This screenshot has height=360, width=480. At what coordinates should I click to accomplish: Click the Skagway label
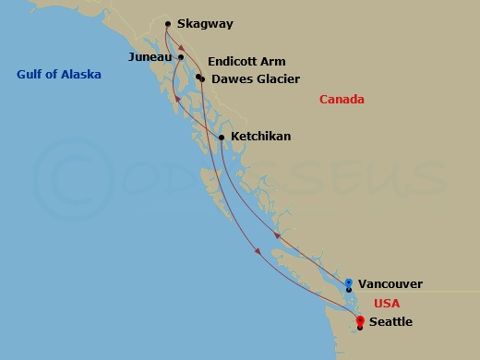pos(205,25)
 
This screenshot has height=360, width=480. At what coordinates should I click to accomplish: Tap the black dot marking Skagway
pos(167,24)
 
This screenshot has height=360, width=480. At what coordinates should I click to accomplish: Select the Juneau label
pos(150,57)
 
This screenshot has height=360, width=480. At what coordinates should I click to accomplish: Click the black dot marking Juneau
pos(181,57)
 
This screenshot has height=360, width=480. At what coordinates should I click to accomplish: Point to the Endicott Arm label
pos(246,62)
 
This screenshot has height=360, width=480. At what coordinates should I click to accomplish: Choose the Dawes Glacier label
pos(256,79)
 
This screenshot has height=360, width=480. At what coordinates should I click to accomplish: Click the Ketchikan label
pos(260,137)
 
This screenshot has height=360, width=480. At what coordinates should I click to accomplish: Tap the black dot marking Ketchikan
pos(222,138)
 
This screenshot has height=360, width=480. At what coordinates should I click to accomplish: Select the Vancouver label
pos(390,284)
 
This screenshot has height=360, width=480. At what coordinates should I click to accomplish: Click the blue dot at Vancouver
pos(348,282)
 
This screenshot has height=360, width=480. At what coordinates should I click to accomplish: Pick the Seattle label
pos(390,322)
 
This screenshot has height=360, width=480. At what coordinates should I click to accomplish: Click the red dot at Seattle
pos(359,320)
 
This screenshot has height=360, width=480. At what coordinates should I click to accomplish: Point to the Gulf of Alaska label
pos(58,75)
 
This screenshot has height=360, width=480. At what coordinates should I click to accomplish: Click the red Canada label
pos(342,100)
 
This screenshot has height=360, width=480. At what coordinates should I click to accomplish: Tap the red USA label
pos(388,303)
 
